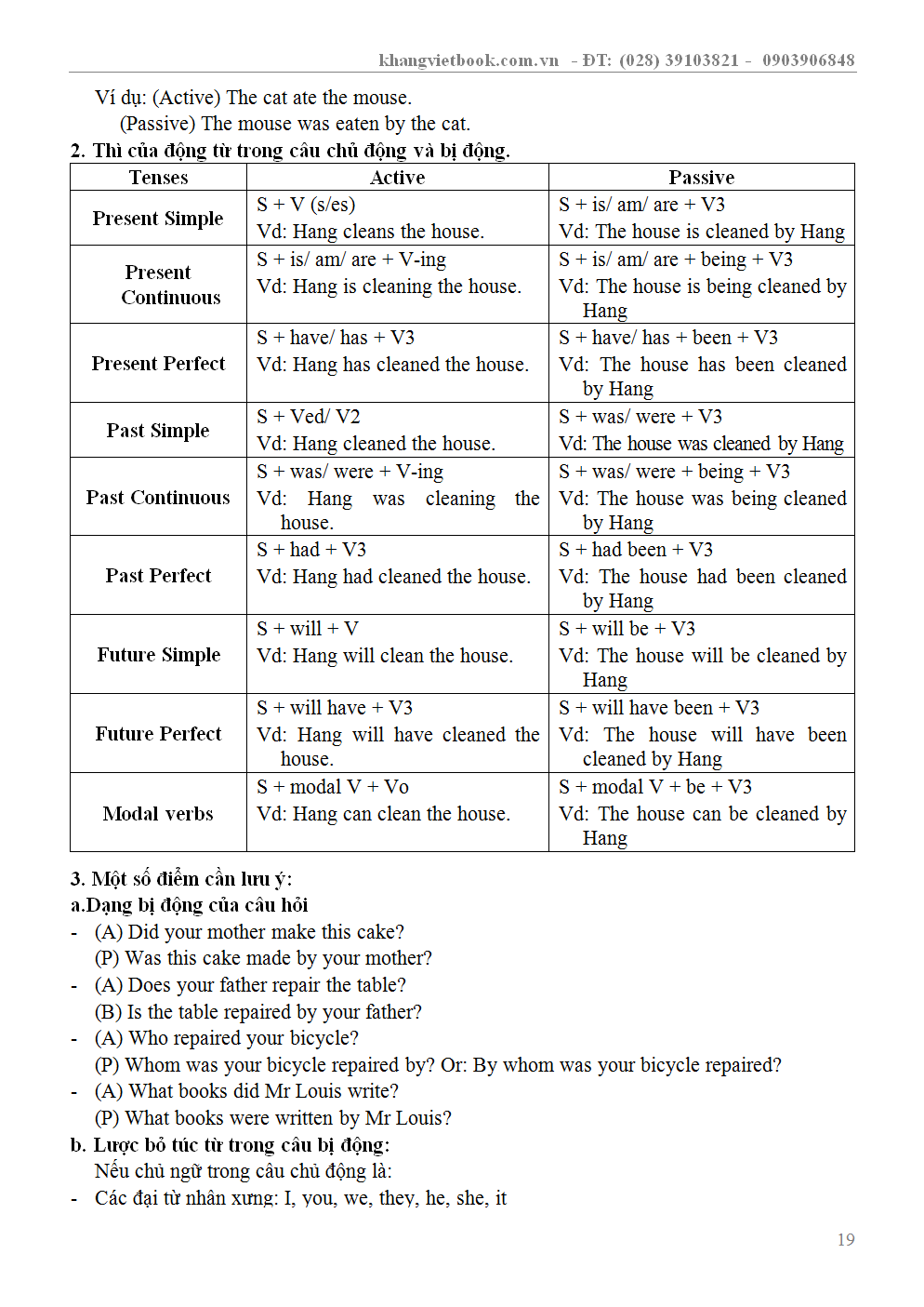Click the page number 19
[x=845, y=1240]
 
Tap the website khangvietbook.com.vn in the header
[x=469, y=60]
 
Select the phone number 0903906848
[x=808, y=60]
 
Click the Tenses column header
[x=158, y=178]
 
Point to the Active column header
[x=397, y=178]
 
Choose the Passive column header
[x=701, y=178]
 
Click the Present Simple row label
[x=158, y=219]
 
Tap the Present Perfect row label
[x=158, y=364]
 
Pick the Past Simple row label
[x=158, y=431]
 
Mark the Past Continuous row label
[x=158, y=498]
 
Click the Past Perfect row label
[x=158, y=576]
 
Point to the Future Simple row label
[x=159, y=655]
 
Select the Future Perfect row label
[x=158, y=734]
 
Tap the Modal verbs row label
[x=158, y=814]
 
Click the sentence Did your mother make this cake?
[x=266, y=932]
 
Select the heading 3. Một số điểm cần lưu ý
[x=181, y=879]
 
